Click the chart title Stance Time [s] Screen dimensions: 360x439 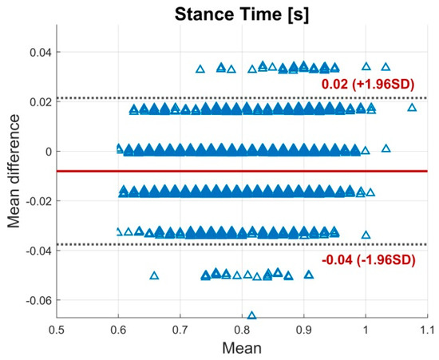242,10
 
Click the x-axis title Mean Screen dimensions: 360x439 242,350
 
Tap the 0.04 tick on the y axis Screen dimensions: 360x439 38,53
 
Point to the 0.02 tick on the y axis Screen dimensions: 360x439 38,102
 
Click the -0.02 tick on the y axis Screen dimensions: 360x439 36,201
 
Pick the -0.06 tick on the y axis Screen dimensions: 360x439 36,300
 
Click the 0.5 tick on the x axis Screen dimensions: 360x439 57,328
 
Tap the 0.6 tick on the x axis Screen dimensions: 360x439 118,328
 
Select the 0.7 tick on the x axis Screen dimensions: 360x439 180,328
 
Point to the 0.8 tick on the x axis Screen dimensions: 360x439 242,328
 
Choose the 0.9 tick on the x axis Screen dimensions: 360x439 304,328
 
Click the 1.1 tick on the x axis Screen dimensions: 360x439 427,328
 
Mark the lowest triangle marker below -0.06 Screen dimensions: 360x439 252,315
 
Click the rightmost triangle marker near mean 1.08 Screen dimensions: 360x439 412,108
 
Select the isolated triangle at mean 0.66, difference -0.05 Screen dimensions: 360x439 154,275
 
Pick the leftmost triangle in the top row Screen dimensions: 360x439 200,69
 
